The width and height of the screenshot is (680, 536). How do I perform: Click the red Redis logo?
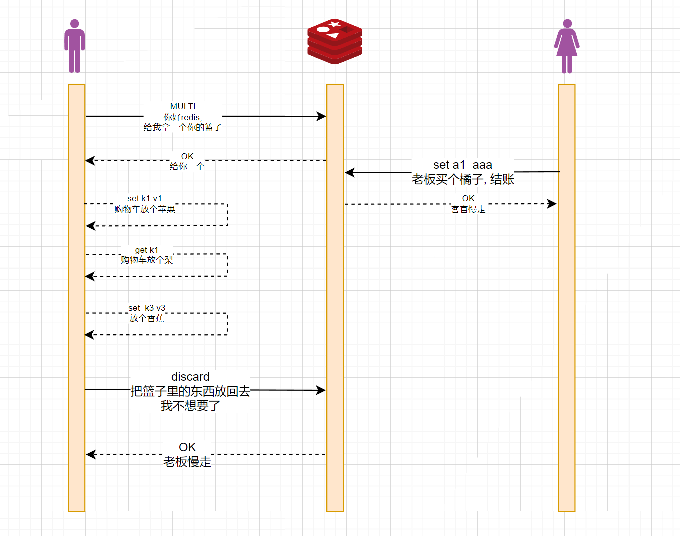click(334, 41)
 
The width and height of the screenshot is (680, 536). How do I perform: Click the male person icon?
click(74, 46)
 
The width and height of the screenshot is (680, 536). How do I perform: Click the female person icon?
click(567, 46)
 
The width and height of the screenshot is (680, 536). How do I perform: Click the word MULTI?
click(183, 106)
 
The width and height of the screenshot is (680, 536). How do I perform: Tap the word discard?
click(190, 377)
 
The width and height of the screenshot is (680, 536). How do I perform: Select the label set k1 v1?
click(144, 199)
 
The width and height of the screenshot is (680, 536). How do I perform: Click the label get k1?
click(146, 250)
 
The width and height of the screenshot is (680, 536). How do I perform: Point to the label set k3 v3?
click(146, 308)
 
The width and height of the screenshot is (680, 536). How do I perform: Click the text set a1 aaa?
click(462, 165)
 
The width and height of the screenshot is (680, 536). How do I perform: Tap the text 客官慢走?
click(468, 210)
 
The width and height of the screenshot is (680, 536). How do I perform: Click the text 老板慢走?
click(187, 462)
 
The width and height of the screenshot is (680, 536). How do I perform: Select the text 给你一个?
click(187, 167)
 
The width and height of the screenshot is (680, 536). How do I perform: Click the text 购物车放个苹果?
click(144, 209)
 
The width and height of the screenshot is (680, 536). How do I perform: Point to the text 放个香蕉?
click(146, 318)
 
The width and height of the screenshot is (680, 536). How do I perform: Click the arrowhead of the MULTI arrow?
click(322, 116)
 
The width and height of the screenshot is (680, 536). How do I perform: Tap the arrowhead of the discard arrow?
click(321, 390)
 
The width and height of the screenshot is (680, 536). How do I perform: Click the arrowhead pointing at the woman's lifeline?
click(552, 204)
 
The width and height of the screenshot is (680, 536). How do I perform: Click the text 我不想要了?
click(190, 406)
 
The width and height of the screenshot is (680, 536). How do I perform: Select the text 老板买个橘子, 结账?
click(462, 179)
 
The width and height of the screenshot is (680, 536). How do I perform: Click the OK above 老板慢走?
click(187, 447)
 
